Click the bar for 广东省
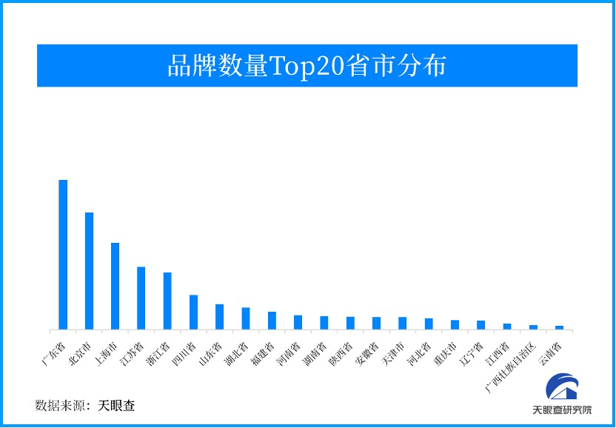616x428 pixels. (63, 255)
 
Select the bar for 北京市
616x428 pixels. (89, 271)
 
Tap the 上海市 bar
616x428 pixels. (115, 286)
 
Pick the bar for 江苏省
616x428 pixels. (141, 298)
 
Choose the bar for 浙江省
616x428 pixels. (167, 301)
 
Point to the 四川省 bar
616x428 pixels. (193, 312)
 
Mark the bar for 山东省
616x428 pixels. (219, 317)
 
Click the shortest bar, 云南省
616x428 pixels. (559, 327)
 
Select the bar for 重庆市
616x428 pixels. (455, 324)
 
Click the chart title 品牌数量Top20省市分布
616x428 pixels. (307, 66)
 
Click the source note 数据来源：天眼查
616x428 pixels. (85, 406)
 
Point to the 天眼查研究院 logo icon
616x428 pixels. (563, 387)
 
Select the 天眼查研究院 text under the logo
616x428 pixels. (563, 410)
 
